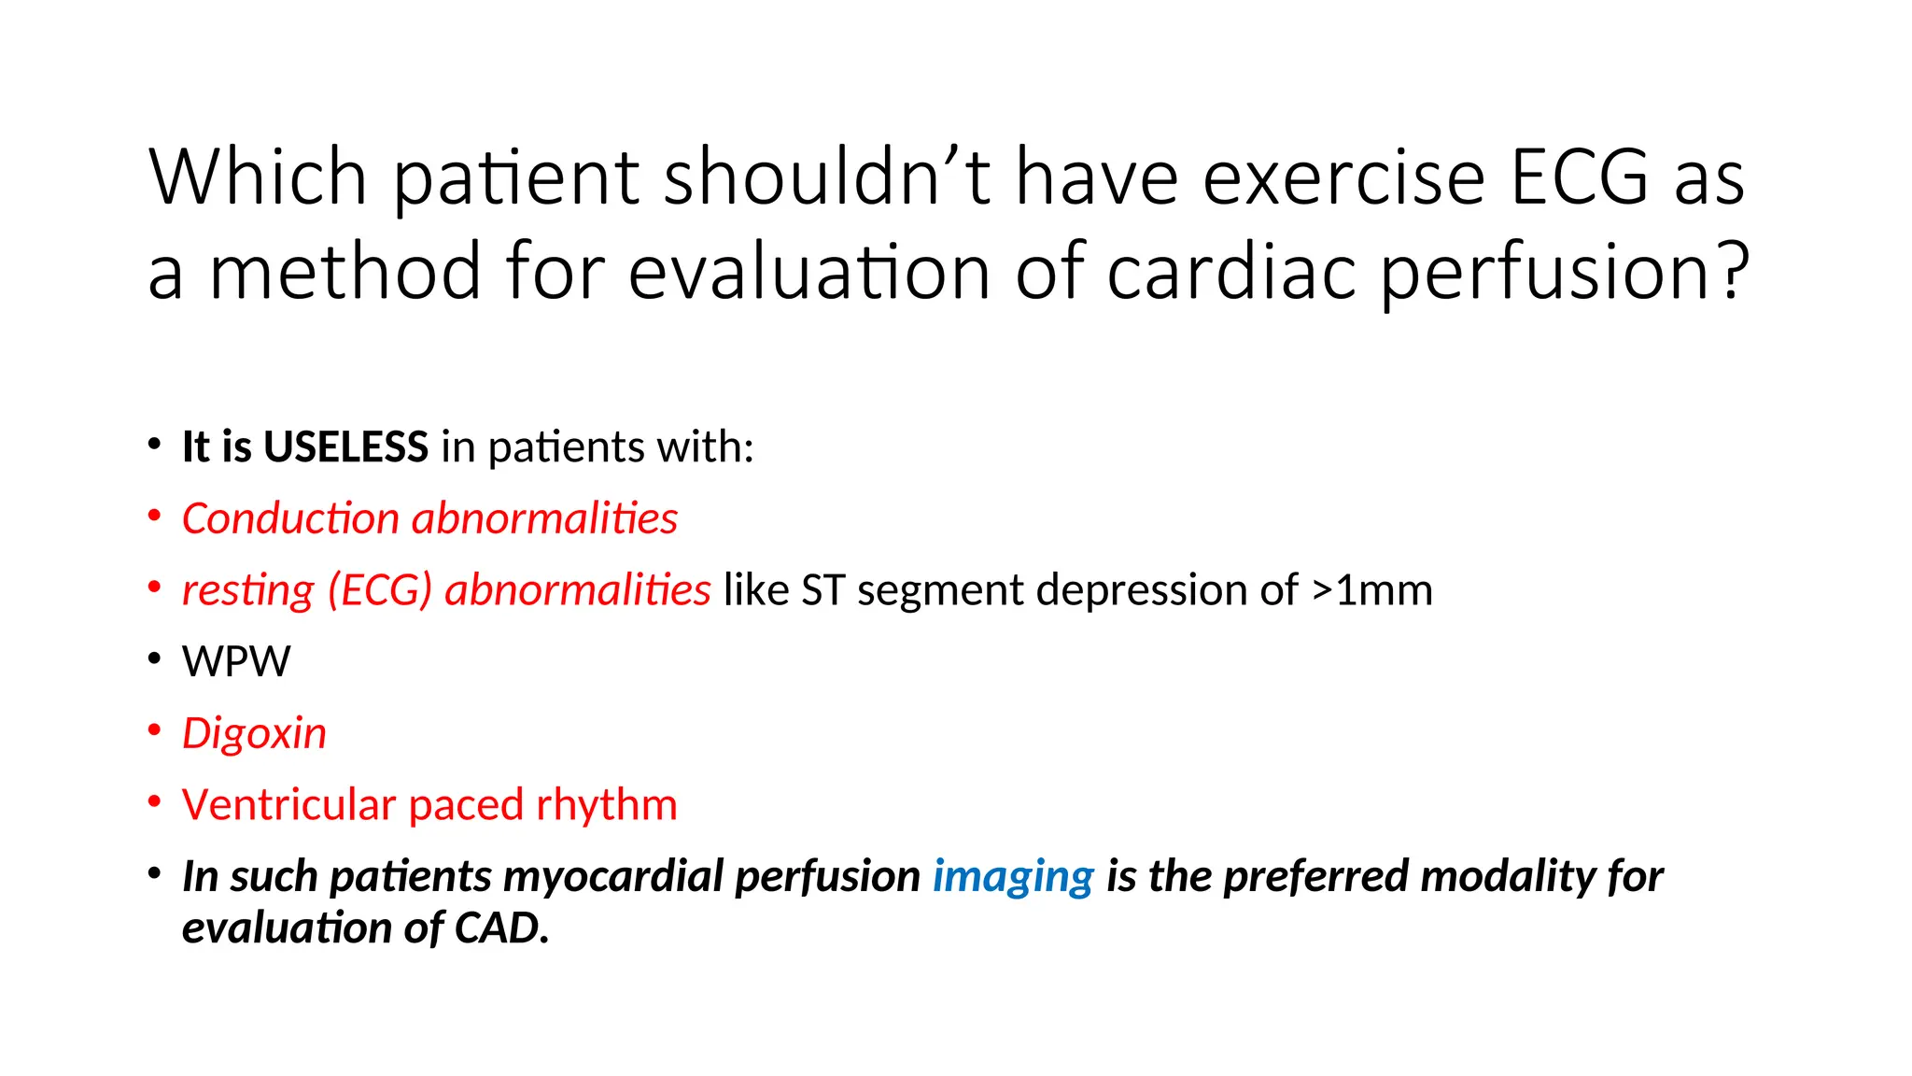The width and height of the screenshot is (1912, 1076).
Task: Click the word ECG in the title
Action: click(1580, 177)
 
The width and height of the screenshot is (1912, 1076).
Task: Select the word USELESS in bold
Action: click(345, 446)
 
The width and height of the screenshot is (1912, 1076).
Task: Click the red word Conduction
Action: click(290, 518)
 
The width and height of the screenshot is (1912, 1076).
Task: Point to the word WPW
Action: click(236, 661)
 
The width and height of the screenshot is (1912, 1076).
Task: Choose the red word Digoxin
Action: click(254, 733)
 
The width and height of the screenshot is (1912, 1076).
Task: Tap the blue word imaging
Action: click(1013, 877)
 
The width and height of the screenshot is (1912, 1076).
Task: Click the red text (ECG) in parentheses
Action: click(379, 590)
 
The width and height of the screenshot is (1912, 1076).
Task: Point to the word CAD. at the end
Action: click(501, 927)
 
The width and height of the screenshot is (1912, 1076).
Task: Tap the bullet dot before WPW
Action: click(155, 659)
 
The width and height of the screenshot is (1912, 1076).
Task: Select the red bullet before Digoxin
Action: click(155, 730)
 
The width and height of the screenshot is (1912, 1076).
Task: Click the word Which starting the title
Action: click(258, 177)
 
